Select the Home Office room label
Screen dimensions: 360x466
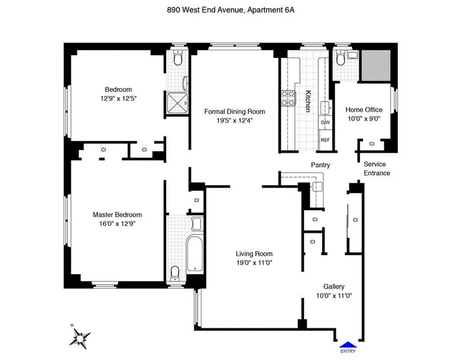(x=364, y=109)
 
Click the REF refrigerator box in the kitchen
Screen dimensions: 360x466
(x=325, y=139)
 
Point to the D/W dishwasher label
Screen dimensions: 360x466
(x=325, y=122)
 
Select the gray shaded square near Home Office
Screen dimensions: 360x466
(x=376, y=66)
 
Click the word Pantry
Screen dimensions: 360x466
(x=320, y=165)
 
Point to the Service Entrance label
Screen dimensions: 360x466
(x=376, y=169)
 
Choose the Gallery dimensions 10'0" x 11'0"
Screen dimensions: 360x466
(x=333, y=296)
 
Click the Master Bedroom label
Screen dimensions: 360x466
(x=117, y=215)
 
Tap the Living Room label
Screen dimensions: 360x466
(x=254, y=254)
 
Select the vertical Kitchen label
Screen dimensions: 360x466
(x=308, y=101)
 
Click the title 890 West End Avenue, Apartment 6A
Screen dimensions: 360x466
(x=233, y=9)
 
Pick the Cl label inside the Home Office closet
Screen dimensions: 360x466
(x=372, y=144)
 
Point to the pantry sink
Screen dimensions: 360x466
(x=319, y=188)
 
